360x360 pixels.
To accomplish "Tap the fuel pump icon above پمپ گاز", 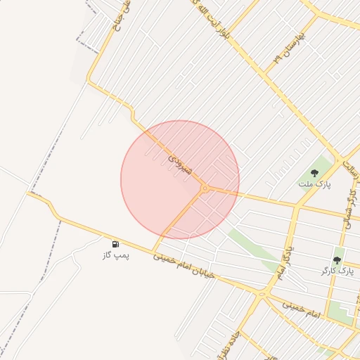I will click(x=115, y=243).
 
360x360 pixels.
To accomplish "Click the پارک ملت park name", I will click(x=319, y=184).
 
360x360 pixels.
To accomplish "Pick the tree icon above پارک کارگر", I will click(x=337, y=259).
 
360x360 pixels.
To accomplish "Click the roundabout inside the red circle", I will click(x=205, y=188).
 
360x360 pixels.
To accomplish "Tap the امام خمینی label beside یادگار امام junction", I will click(x=300, y=307).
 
